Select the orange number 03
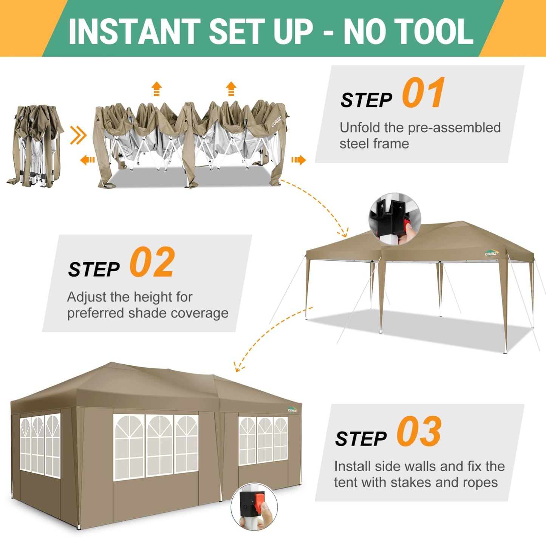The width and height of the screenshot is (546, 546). point(419,431)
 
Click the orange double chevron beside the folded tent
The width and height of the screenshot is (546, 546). point(78,135)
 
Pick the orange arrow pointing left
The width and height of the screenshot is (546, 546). point(87,160)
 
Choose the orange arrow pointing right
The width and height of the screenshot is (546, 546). point(299,160)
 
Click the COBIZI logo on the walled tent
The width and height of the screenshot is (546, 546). point(293,410)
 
